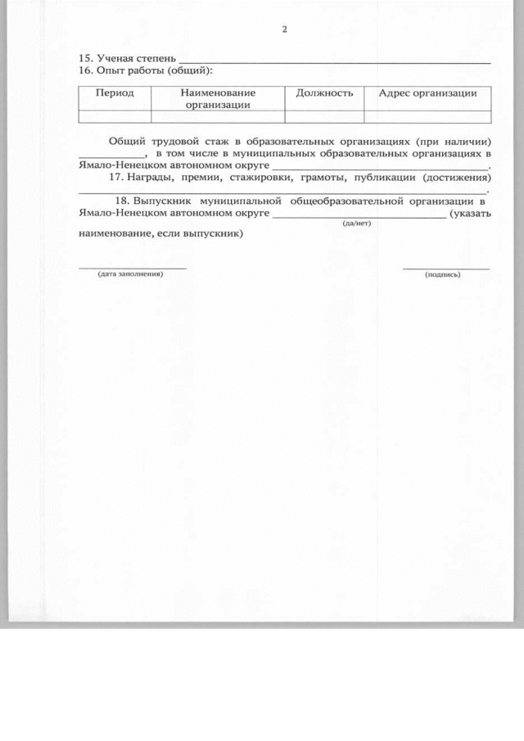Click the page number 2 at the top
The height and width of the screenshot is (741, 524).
[x=284, y=30]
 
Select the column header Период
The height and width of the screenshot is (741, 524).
[x=115, y=93]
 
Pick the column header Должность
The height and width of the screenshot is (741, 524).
[x=324, y=93]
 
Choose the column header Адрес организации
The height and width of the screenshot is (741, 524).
[x=427, y=93]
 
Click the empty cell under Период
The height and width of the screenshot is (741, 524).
[x=115, y=116]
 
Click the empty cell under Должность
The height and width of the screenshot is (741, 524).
[x=324, y=116]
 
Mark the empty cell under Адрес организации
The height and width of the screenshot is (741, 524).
[x=427, y=116]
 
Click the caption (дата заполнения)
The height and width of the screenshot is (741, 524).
[x=130, y=273]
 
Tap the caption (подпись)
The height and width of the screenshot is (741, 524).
[x=443, y=274]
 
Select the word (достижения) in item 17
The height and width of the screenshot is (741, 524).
[x=456, y=178]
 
